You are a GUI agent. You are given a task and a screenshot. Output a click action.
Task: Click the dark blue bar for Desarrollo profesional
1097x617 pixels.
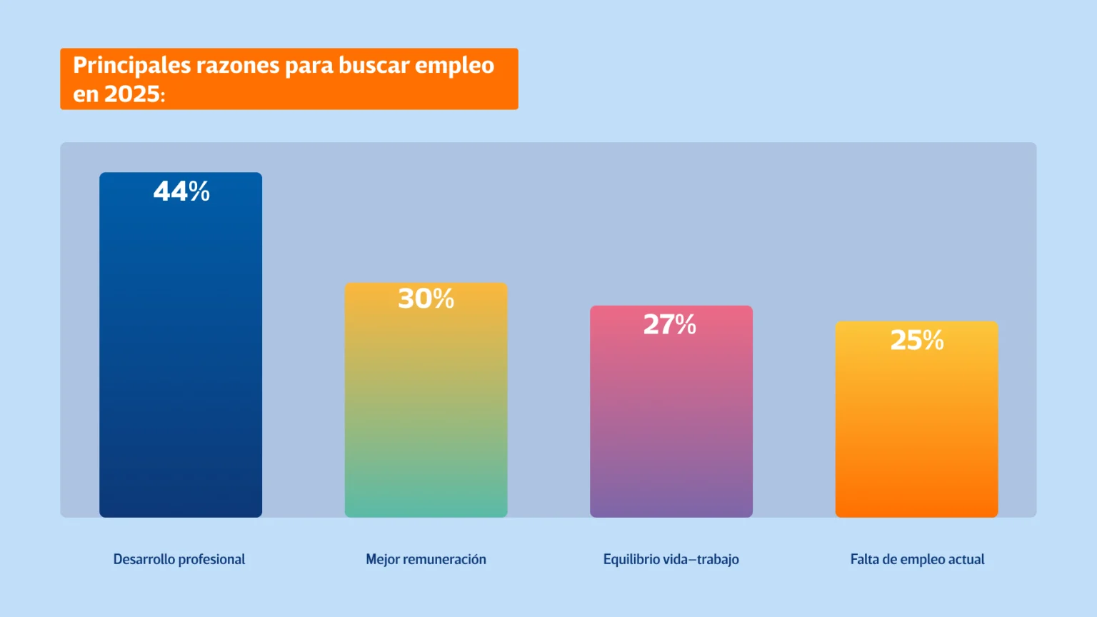(181, 357)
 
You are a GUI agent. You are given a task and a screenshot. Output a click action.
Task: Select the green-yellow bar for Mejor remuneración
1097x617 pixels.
(426, 414)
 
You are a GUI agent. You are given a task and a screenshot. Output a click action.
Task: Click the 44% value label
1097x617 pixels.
(181, 191)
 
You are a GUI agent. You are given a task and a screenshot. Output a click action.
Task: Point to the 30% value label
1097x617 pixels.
(426, 299)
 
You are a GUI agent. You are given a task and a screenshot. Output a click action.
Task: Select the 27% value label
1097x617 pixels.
(670, 324)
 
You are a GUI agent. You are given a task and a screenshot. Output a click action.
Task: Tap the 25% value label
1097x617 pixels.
(917, 340)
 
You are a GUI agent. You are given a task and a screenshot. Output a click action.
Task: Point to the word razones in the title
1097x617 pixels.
(238, 66)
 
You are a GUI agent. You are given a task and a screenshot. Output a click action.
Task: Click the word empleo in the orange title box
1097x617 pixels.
(455, 66)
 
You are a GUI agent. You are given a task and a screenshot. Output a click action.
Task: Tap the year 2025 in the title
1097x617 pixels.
(132, 94)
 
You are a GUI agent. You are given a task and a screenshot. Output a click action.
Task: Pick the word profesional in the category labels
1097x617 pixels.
(212, 559)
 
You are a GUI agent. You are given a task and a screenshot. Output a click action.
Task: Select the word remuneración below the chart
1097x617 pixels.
(445, 559)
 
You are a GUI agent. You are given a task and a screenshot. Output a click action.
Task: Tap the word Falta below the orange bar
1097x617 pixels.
(864, 559)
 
